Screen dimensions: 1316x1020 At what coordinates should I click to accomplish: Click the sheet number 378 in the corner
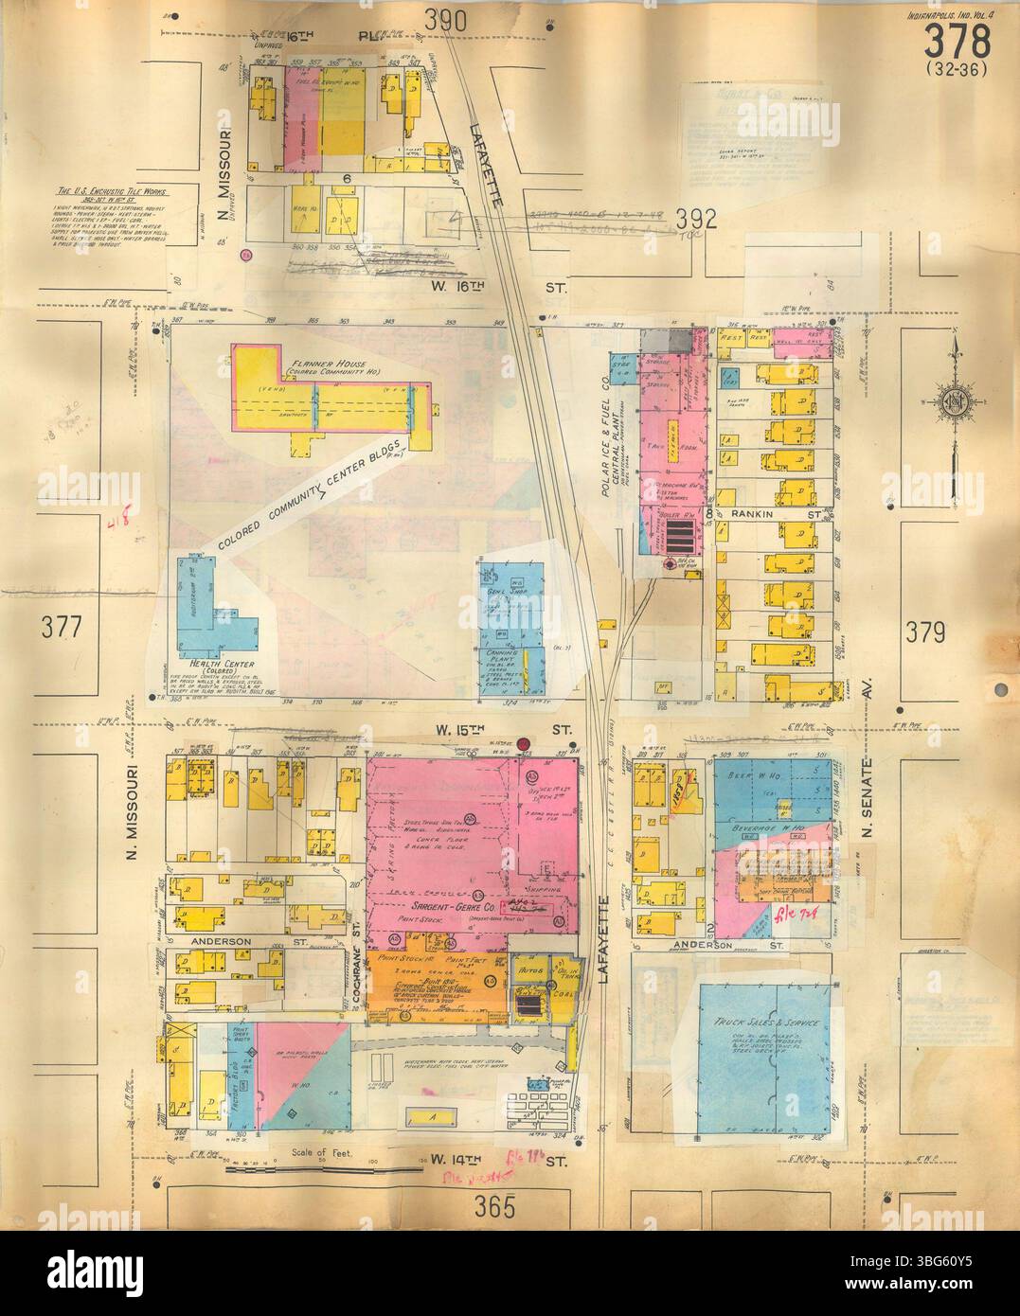pos(957,43)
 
